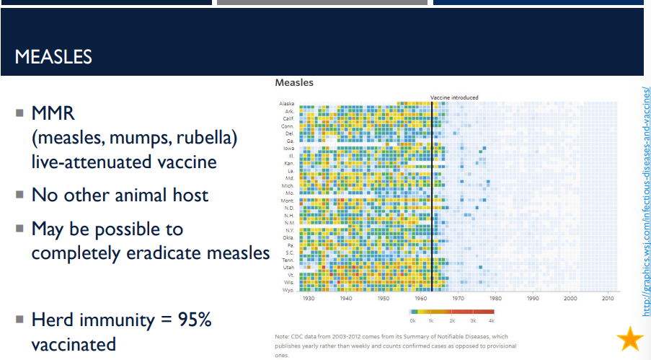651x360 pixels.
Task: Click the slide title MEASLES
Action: pyautogui.click(x=53, y=56)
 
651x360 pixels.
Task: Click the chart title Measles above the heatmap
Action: pyautogui.click(x=294, y=83)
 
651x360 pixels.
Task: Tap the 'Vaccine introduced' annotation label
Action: pyautogui.click(x=454, y=97)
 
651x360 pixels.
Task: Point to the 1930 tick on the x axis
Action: pyautogui.click(x=309, y=298)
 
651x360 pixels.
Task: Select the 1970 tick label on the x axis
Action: pyautogui.click(x=459, y=298)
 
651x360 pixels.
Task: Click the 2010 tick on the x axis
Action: pyautogui.click(x=608, y=298)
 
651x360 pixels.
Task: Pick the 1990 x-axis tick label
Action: pyautogui.click(x=533, y=298)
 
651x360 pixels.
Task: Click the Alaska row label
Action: pyautogui.click(x=286, y=105)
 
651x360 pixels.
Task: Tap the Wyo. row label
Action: pyautogui.click(x=288, y=289)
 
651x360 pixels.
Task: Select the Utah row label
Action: pyautogui.click(x=288, y=268)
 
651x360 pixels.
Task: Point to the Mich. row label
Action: pyautogui.click(x=288, y=186)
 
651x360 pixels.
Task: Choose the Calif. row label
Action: pyautogui.click(x=288, y=119)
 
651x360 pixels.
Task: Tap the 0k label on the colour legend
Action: pyautogui.click(x=412, y=319)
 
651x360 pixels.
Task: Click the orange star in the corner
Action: pyautogui.click(x=630, y=338)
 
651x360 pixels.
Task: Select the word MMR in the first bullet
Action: pyautogui.click(x=53, y=114)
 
